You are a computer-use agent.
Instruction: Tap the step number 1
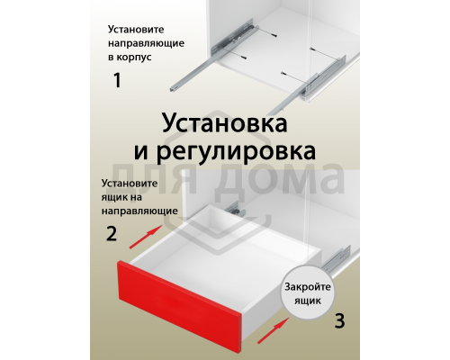(116, 80)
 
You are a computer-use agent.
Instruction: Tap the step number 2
(111, 235)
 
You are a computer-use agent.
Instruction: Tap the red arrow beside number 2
(145, 237)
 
